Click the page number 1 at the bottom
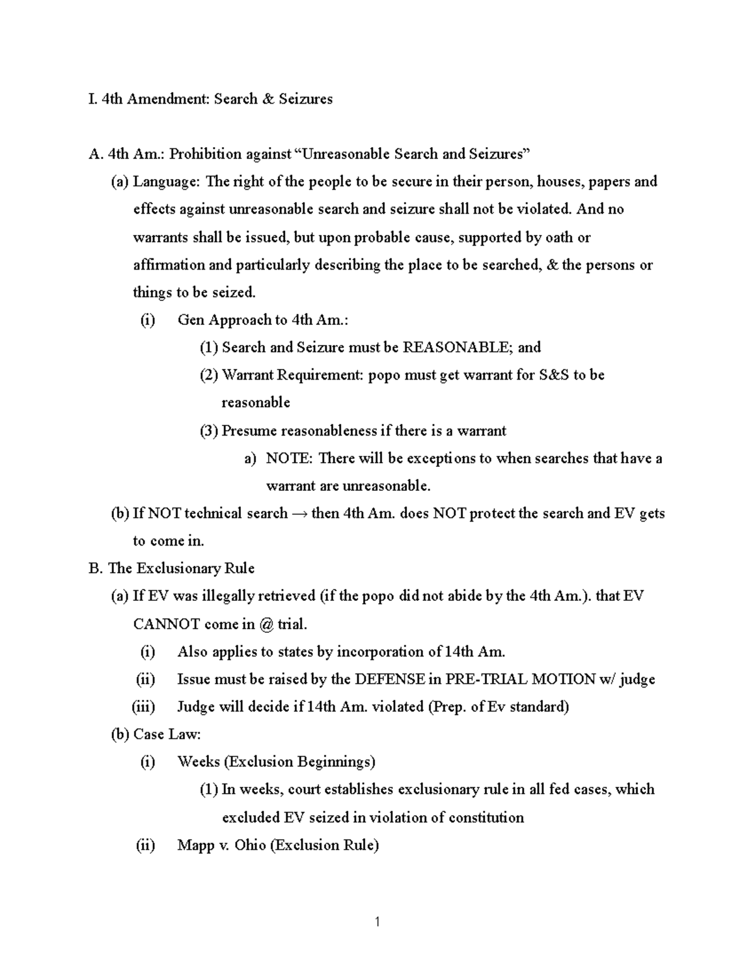tap(377, 923)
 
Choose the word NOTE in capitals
tap(289, 458)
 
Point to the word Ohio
tap(250, 845)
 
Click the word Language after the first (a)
tap(167, 182)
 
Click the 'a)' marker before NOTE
tap(250, 458)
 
